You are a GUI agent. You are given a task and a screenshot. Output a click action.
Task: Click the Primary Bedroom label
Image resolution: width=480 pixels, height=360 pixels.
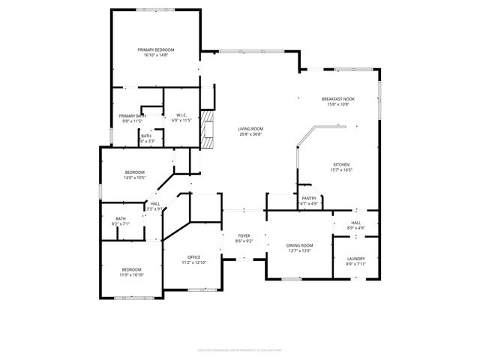click(x=155, y=49)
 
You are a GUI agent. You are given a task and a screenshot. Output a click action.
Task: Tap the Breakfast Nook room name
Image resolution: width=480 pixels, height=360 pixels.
click(x=338, y=99)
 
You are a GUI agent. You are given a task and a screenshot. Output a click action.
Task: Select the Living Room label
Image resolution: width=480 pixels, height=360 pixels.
click(x=250, y=129)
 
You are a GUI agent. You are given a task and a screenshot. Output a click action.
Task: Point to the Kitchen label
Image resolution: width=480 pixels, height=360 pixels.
click(x=341, y=165)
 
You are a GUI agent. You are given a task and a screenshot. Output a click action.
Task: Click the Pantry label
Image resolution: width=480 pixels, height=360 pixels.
click(x=309, y=198)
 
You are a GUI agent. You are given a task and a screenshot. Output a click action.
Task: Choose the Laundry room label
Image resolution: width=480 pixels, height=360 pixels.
click(x=356, y=259)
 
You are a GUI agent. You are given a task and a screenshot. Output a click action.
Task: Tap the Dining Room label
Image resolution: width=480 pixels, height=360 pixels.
click(x=299, y=245)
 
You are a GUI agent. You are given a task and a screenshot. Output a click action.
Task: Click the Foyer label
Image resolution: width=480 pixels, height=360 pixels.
click(x=244, y=235)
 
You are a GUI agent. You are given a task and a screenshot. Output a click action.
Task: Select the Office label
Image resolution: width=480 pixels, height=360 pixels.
click(x=193, y=257)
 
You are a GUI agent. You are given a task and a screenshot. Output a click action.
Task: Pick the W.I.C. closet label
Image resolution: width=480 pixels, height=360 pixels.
click(x=181, y=115)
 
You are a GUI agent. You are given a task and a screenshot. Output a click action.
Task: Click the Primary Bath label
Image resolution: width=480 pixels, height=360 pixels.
click(x=131, y=115)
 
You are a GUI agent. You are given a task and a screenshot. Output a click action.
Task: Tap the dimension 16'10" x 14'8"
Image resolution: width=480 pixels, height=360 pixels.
click(x=155, y=55)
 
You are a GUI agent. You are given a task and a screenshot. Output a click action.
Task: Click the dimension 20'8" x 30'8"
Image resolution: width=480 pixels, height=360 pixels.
click(x=250, y=134)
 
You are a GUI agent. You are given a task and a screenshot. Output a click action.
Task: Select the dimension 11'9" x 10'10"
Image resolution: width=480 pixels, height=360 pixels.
click(x=132, y=274)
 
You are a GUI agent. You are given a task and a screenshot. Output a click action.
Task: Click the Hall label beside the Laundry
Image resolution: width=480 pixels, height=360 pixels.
click(x=356, y=223)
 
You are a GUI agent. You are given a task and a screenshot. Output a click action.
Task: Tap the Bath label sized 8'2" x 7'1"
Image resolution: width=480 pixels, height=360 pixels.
click(x=121, y=218)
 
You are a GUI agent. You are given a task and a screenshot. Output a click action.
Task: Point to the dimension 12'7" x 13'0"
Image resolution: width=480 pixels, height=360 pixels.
click(x=299, y=250)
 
